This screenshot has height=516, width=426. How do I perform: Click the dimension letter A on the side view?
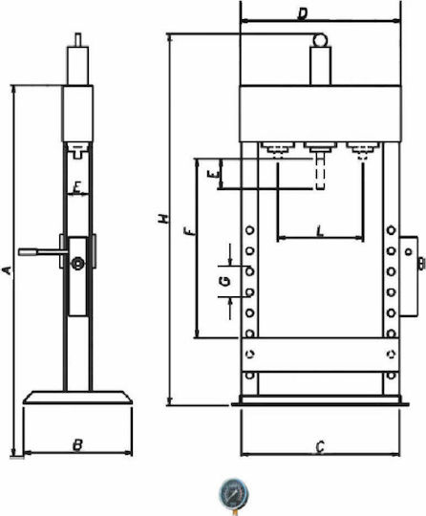pyautogui.click(x=7, y=270)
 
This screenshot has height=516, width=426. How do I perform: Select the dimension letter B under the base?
pyautogui.click(x=77, y=445)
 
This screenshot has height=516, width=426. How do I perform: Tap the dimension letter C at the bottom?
pyautogui.click(x=320, y=447)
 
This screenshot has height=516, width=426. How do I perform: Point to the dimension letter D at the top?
pyautogui.click(x=302, y=14)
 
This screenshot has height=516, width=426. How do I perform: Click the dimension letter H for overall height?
pyautogui.click(x=163, y=219)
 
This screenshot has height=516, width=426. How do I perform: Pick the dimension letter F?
pyautogui.click(x=190, y=231)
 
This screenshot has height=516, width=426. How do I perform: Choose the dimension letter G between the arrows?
pyautogui.click(x=224, y=281)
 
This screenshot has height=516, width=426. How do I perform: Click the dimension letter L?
pyautogui.click(x=320, y=231)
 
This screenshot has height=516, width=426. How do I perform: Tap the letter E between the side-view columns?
pyautogui.click(x=76, y=188)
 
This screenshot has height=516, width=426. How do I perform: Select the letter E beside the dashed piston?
pyautogui.click(x=213, y=174)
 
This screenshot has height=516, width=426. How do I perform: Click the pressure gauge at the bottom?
pyautogui.click(x=233, y=495)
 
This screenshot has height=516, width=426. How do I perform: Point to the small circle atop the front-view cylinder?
pyautogui.click(x=320, y=40)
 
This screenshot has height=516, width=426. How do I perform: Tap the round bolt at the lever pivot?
pyautogui.click(x=78, y=264)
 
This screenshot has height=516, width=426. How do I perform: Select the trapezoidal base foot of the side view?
pyautogui.click(x=77, y=398)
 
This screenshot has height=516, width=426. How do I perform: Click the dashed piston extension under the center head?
pyautogui.click(x=320, y=171)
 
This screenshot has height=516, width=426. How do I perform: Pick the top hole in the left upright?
pyautogui.click(x=250, y=229)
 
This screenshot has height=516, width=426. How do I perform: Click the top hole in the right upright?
pyautogui.click(x=391, y=229)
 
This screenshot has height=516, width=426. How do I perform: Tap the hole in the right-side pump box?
pyautogui.click(x=409, y=251)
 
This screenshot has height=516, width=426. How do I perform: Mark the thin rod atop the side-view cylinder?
pyautogui.click(x=78, y=40)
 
